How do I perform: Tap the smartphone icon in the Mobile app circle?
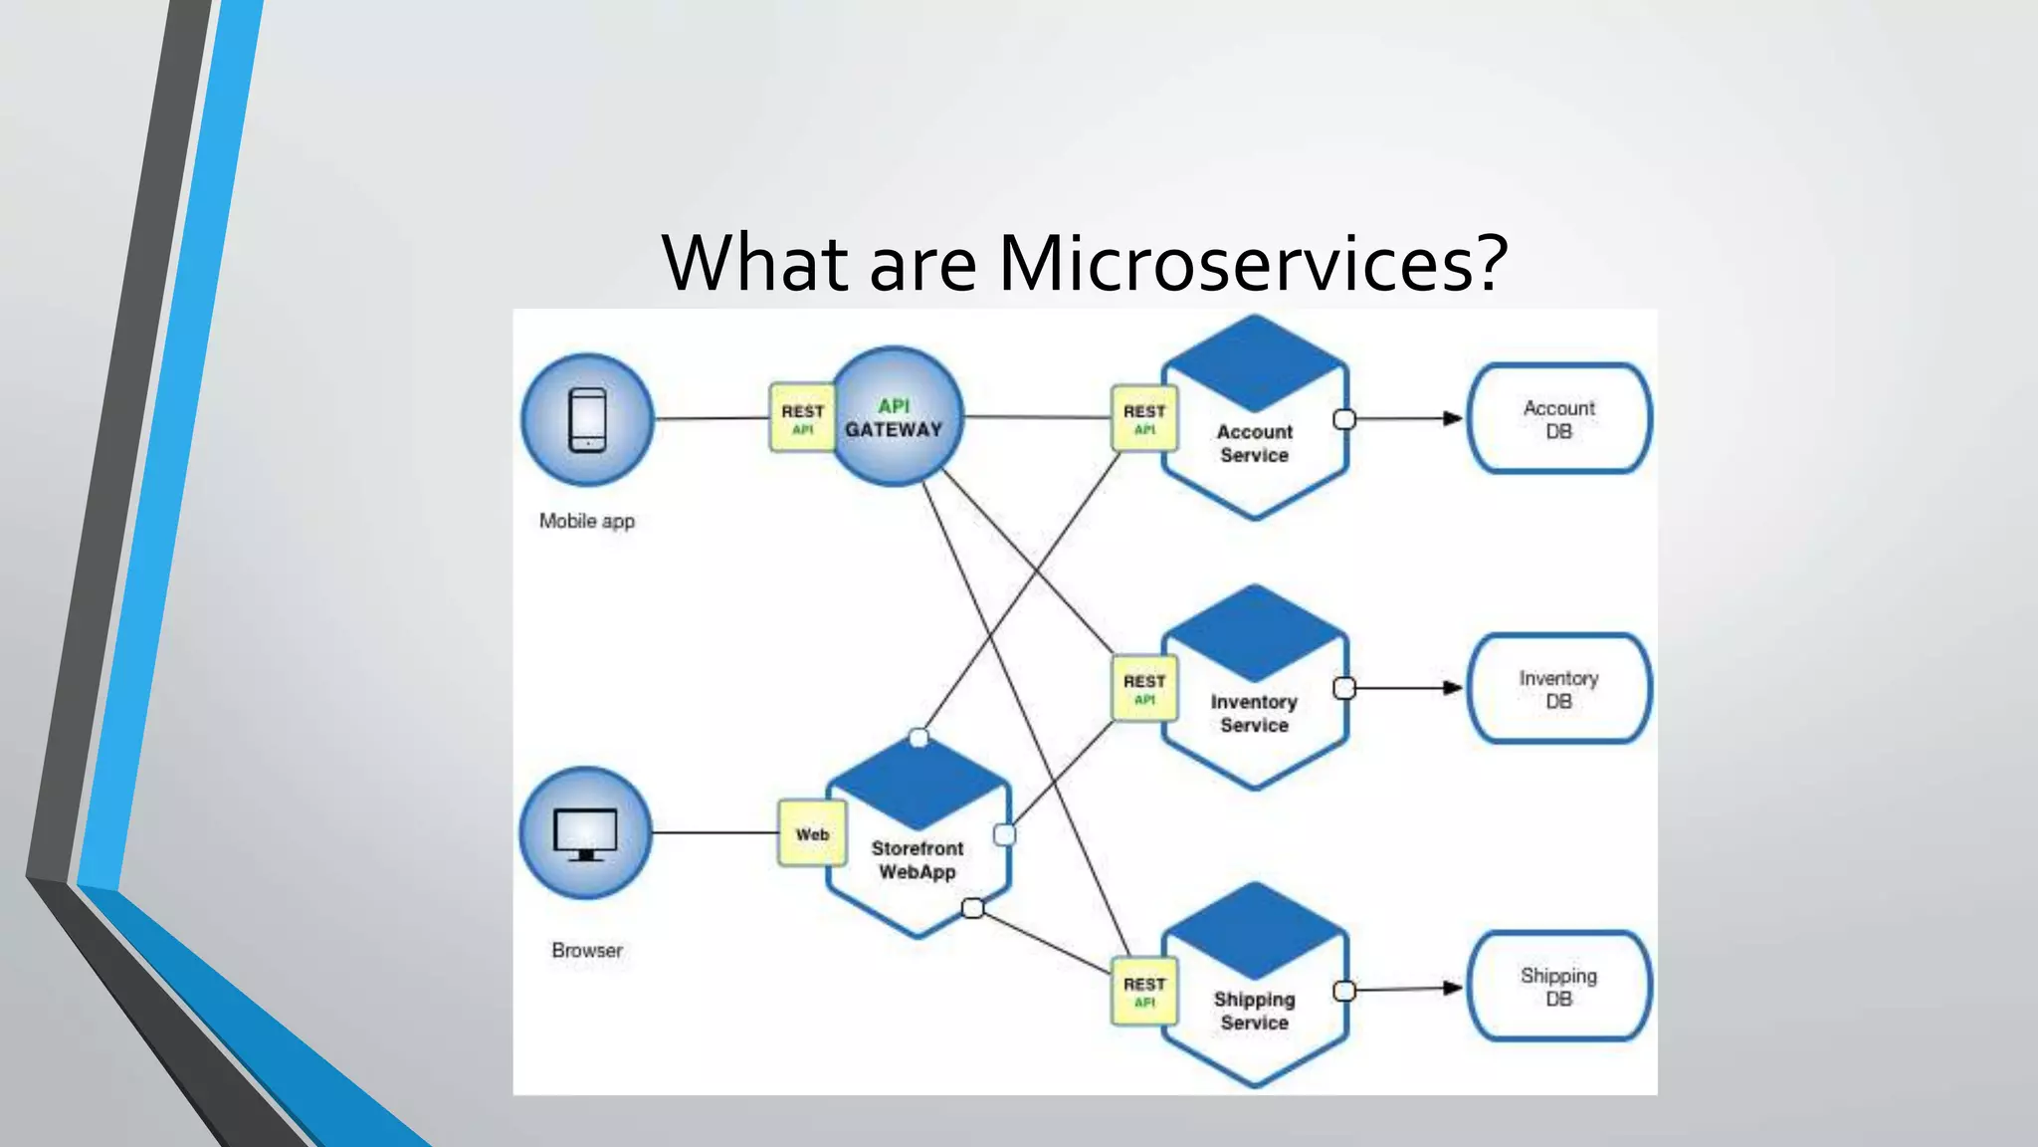pyautogui.click(x=587, y=419)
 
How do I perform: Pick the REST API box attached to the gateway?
pyautogui.click(x=802, y=418)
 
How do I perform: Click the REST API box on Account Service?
pyautogui.click(x=1144, y=418)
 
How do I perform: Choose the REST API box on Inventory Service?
pyautogui.click(x=1144, y=688)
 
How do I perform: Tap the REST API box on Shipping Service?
pyautogui.click(x=1144, y=991)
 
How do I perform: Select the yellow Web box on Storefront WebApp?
pyautogui.click(x=812, y=834)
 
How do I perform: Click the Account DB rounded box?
pyautogui.click(x=1558, y=419)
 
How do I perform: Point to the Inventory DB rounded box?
pyautogui.click(x=1558, y=689)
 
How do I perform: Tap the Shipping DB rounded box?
pyautogui.click(x=1558, y=987)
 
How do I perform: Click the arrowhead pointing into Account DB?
pyautogui.click(x=1453, y=418)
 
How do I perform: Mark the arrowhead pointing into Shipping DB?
pyautogui.click(x=1453, y=988)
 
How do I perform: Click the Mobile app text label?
pyautogui.click(x=586, y=521)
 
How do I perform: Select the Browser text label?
pyautogui.click(x=587, y=950)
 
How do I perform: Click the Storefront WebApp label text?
pyautogui.click(x=917, y=860)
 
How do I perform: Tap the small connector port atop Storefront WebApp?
pyautogui.click(x=918, y=738)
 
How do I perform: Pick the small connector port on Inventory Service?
pyautogui.click(x=1343, y=688)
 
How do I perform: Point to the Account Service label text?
pyautogui.click(x=1254, y=443)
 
